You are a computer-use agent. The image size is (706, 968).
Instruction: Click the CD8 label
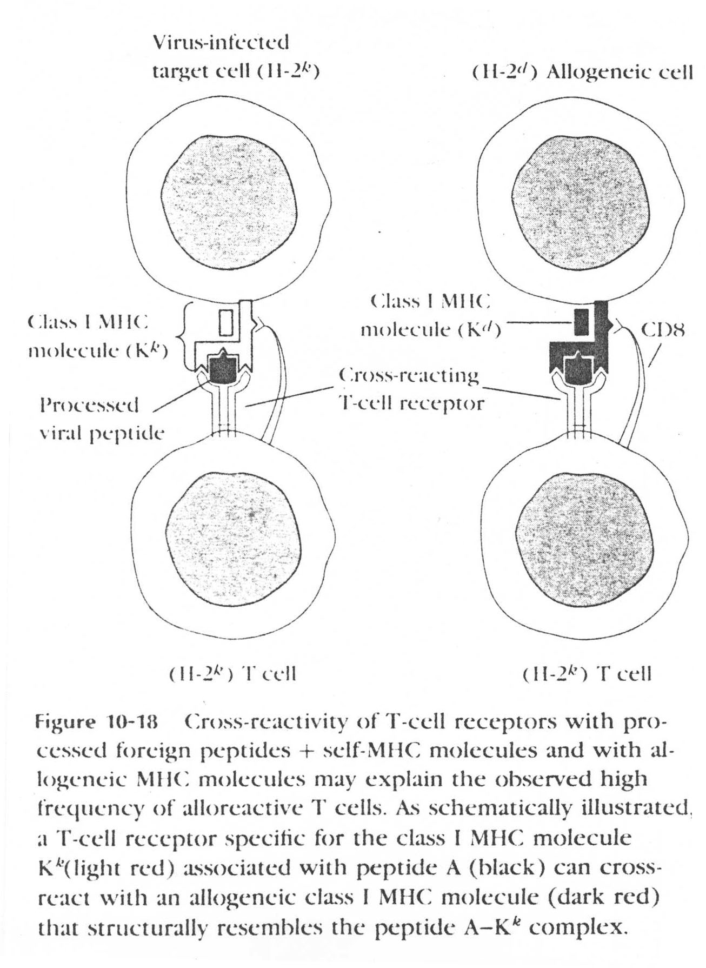coord(663,329)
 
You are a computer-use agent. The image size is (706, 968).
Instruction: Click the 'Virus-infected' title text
coord(221,42)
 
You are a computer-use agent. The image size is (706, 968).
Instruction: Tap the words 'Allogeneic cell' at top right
coord(620,72)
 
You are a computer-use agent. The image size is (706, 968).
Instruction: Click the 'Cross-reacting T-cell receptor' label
coord(411,389)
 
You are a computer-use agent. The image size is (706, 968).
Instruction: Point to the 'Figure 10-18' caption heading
coord(96,721)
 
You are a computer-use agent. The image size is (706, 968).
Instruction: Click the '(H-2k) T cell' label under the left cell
coord(233,673)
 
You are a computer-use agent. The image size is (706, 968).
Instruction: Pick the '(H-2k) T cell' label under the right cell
coord(587,673)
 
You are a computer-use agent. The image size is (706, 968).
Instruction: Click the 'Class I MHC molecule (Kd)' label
coord(431,315)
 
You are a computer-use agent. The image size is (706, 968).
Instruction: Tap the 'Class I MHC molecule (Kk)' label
coord(97,336)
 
